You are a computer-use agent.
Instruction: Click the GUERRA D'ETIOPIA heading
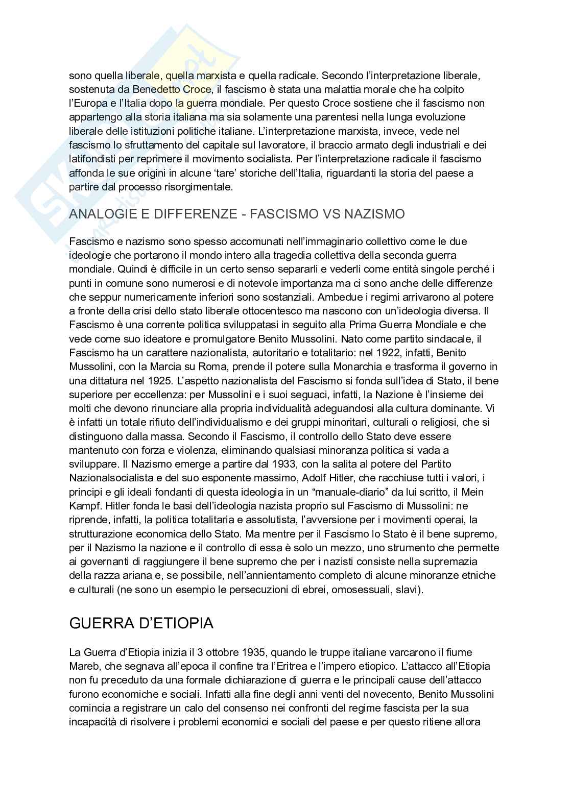coord(141,623)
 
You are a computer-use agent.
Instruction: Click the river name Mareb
coord(83,666)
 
